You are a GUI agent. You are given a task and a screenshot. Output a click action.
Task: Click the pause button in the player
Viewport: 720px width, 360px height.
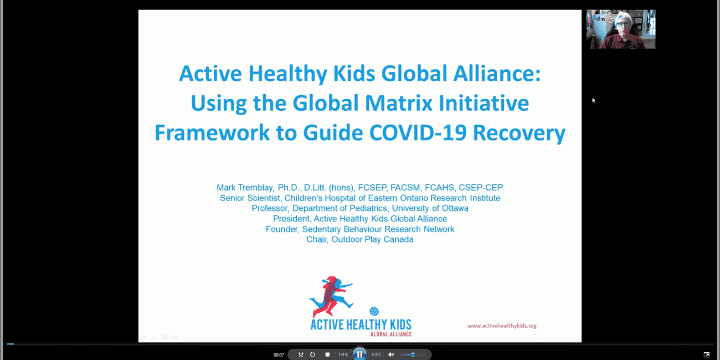point(359,354)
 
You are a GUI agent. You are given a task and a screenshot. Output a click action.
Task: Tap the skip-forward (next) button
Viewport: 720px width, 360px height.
point(376,354)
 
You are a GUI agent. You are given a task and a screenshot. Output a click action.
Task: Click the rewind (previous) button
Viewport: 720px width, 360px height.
point(343,354)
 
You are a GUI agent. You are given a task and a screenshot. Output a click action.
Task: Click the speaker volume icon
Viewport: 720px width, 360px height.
point(391,354)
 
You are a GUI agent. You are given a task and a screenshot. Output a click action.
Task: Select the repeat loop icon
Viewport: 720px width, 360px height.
point(312,354)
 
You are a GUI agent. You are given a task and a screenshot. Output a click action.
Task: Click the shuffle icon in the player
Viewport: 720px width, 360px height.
point(301,354)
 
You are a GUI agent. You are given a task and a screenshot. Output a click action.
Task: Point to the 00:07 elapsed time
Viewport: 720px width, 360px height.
point(279,355)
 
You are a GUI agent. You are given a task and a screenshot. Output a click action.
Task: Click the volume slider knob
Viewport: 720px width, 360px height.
point(413,354)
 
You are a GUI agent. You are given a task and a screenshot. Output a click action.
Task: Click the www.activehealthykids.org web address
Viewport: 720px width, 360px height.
point(502,326)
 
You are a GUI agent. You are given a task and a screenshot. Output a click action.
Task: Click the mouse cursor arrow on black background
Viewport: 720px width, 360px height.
point(594,101)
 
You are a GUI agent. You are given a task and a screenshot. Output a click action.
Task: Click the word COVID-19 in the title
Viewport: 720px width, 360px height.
point(418,132)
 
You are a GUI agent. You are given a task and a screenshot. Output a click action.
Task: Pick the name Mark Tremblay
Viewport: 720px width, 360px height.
point(245,187)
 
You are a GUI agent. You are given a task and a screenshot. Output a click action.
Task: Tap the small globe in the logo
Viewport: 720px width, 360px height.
point(374,311)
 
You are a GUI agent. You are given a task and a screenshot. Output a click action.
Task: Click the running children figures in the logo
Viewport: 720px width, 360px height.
point(331,296)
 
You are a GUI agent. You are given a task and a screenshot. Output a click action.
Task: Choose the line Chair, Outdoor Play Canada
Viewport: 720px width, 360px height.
point(359,239)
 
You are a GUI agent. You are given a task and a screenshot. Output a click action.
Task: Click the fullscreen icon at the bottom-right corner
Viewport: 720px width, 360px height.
point(707,354)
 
